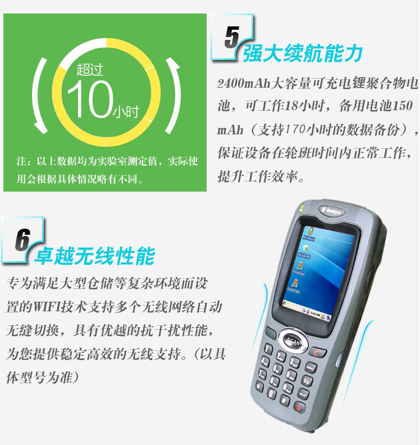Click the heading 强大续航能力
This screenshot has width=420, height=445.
pyautogui.click(x=303, y=53)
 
